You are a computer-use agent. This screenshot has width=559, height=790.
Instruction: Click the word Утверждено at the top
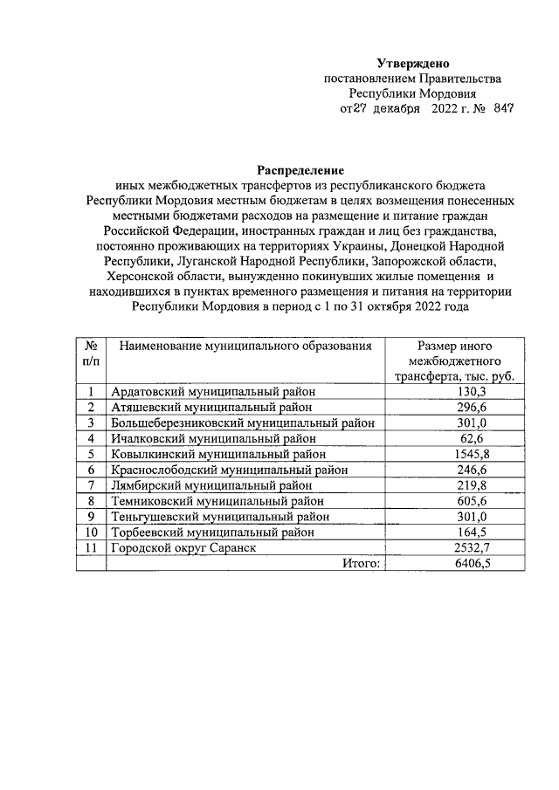click(413, 63)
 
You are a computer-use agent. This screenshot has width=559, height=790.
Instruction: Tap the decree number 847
click(503, 110)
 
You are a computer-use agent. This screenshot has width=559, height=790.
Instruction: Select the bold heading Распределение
click(300, 169)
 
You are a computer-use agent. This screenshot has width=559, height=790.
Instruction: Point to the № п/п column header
click(91, 353)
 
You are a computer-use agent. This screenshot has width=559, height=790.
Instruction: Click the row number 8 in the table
click(91, 500)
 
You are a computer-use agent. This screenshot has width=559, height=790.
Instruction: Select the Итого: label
click(361, 563)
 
